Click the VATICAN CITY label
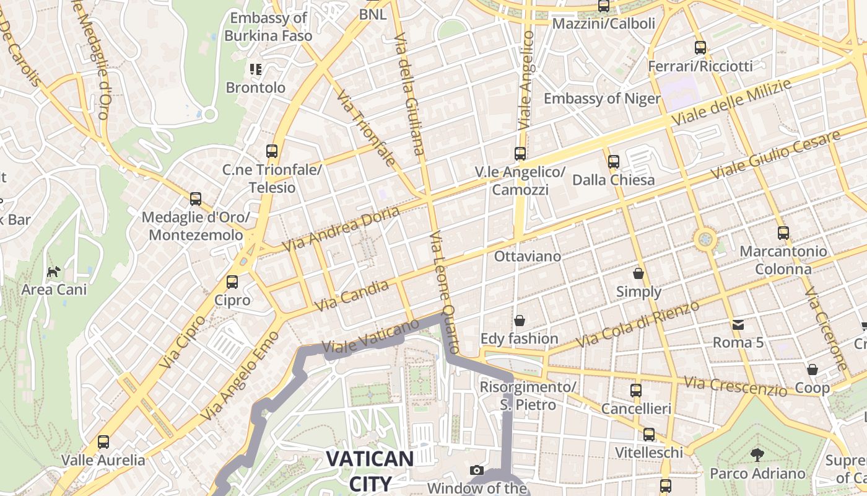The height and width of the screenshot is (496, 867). point(370,471)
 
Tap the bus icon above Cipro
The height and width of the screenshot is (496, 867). point(232,282)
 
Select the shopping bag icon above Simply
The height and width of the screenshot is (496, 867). point(638,273)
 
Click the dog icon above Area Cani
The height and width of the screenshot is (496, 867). point(54,272)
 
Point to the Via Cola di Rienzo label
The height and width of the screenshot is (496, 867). point(637,324)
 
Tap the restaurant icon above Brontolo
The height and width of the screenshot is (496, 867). point(255,69)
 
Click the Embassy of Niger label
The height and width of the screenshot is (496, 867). point(601,99)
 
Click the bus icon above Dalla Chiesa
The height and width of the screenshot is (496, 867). point(614,162)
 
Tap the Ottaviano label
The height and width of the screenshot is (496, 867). point(528,256)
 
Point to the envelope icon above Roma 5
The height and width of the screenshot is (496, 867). point(738,324)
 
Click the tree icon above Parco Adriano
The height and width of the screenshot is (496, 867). point(757,455)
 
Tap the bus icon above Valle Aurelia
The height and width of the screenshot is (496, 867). point(103,442)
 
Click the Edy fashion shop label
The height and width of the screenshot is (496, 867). point(520,339)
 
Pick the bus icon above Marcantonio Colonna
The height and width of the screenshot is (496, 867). point(783,233)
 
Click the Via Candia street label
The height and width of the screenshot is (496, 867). point(351,296)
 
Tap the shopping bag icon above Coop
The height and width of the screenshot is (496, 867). point(813,370)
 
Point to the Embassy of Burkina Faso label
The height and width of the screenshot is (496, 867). point(268,27)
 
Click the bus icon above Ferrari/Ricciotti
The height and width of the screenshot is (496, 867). point(700,48)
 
